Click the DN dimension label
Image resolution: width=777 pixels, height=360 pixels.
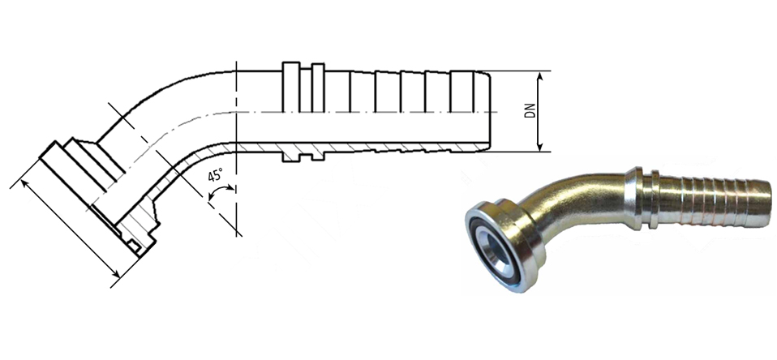pos(530,111)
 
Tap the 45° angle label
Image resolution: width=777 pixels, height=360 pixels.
pos(216,176)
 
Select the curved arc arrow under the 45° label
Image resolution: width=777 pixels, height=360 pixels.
pos(221,190)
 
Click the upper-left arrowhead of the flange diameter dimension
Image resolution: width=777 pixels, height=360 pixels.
pos(25,184)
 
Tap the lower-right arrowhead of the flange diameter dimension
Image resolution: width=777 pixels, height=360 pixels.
pos(115,273)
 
